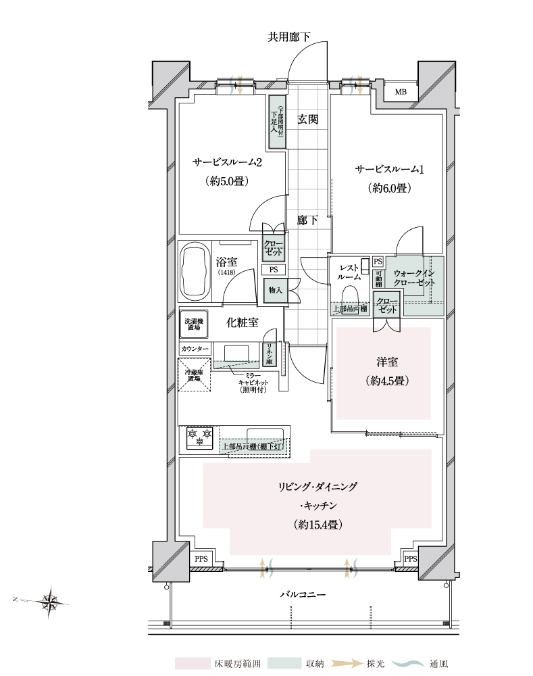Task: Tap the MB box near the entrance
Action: tap(401, 92)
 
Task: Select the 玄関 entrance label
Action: tap(307, 120)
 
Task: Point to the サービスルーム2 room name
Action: tap(227, 163)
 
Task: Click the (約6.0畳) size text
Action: tap(389, 189)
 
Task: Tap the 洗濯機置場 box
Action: tap(194, 323)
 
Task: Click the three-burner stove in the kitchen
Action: tap(199, 438)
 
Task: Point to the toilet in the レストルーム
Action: tap(350, 299)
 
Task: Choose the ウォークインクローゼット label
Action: tap(415, 277)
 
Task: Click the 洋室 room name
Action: tap(383, 360)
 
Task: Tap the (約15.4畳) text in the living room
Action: tap(317, 524)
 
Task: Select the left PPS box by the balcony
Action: tap(201, 559)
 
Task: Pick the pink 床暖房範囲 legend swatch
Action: tap(193, 663)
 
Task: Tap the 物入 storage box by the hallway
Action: tap(275, 291)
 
